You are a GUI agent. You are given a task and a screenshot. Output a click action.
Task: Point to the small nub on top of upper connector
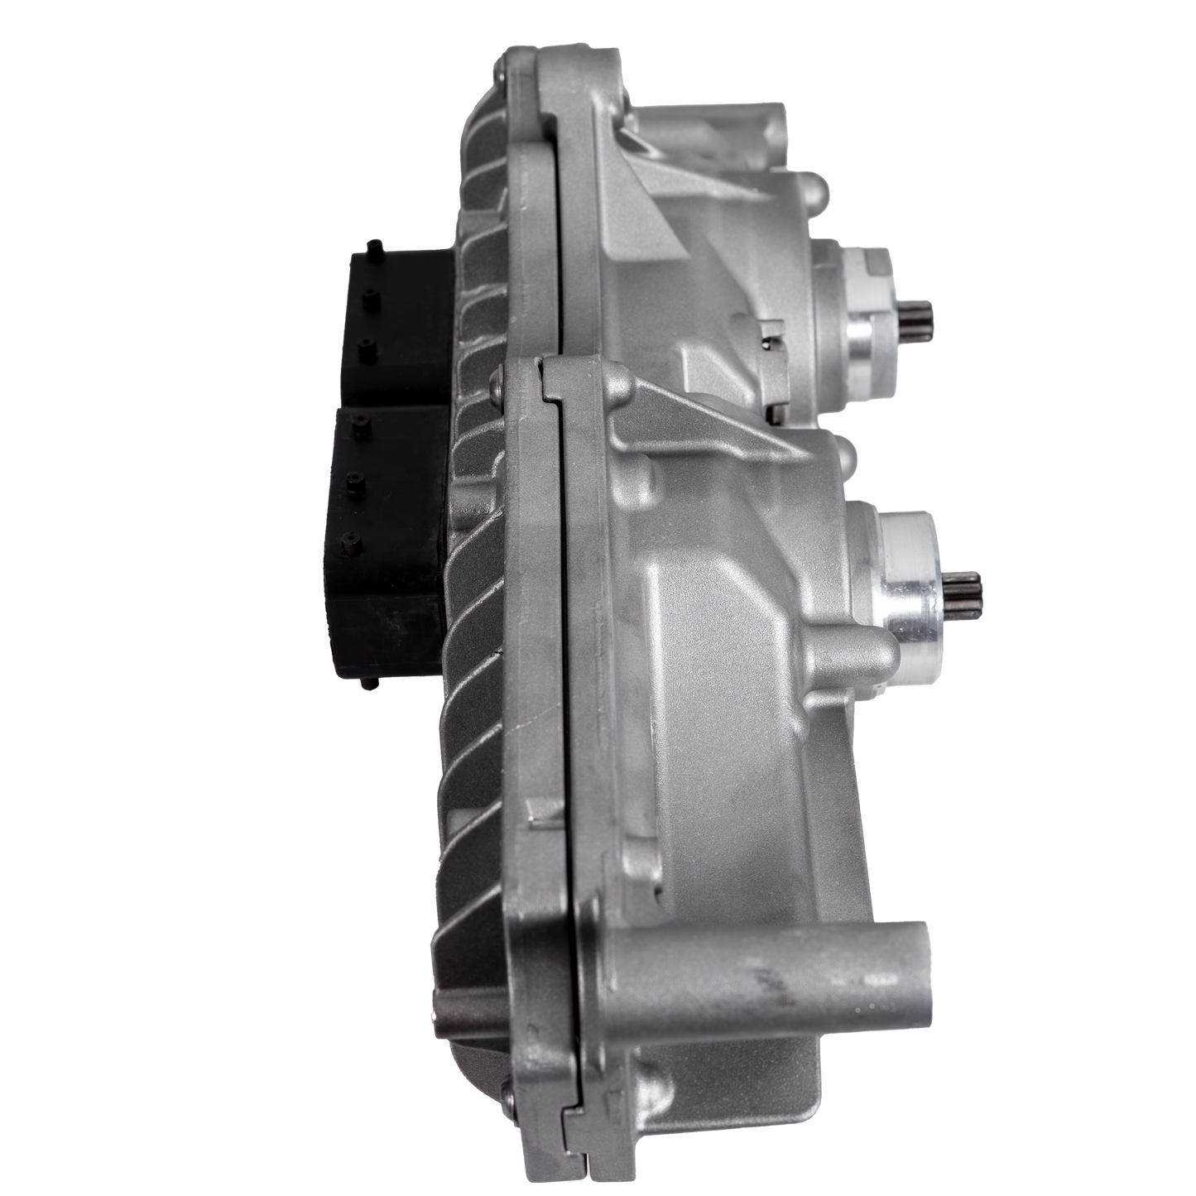click(377, 245)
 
